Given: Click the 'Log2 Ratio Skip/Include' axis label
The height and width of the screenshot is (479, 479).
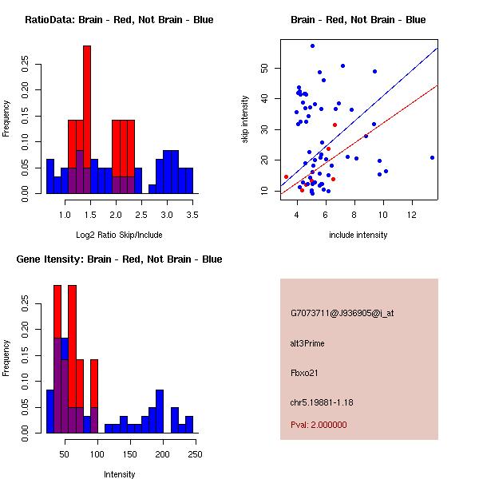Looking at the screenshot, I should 119,234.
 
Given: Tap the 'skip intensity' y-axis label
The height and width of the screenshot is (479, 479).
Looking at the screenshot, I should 246,120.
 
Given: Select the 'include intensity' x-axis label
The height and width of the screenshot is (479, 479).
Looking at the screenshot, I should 358,235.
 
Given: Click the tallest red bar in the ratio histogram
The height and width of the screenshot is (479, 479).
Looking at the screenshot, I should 87,120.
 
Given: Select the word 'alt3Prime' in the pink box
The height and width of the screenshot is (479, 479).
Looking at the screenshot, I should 307,343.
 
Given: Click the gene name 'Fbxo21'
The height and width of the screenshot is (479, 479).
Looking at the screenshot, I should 304,373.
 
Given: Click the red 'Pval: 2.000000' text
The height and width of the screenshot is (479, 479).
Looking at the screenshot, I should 319,425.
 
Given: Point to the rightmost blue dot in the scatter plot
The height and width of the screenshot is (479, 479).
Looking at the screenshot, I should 432,157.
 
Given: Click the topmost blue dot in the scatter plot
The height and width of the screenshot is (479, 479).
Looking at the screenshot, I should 312,46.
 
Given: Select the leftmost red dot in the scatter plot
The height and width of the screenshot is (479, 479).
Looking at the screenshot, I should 286,177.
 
